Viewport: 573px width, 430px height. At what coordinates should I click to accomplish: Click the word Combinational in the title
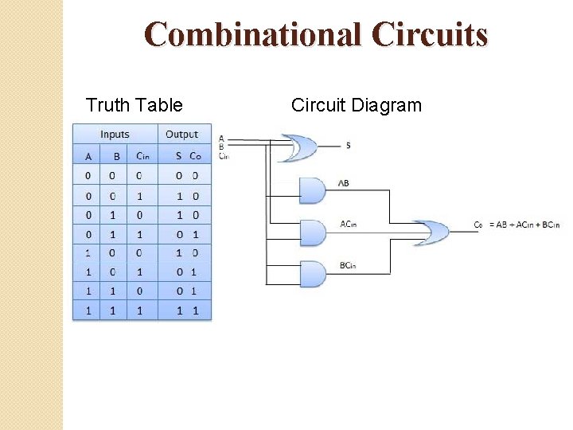coord(253,34)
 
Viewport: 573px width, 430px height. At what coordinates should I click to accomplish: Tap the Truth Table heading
coord(134,105)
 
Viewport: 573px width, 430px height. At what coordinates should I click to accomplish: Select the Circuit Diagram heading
coord(356,105)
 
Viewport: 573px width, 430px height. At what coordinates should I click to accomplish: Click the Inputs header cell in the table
coord(115,135)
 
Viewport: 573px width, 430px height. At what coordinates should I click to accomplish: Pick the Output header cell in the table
coord(181,135)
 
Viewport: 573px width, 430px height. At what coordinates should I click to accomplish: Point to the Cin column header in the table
coord(142,155)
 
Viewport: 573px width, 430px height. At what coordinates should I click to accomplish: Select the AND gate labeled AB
coord(312,190)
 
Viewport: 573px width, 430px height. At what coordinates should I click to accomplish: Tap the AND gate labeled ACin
coord(312,233)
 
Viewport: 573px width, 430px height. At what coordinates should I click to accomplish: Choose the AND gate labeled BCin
coord(312,274)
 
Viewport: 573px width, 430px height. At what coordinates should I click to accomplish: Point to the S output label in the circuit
coord(349,146)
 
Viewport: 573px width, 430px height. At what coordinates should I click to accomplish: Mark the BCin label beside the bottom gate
coord(348,264)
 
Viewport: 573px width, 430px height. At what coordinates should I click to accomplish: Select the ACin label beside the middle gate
coord(348,224)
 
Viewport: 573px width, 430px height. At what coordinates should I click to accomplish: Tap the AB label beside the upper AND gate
coord(344,183)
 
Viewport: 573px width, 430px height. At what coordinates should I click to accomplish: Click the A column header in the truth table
coord(88,155)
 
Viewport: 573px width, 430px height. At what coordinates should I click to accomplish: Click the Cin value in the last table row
coord(140,310)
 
